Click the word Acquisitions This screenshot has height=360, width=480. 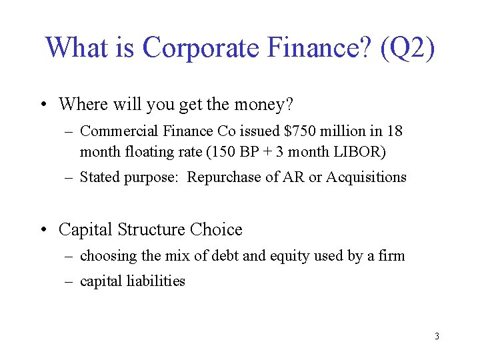click(366, 177)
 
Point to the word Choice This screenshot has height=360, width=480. click(216, 230)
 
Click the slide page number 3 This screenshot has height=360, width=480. click(437, 336)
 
